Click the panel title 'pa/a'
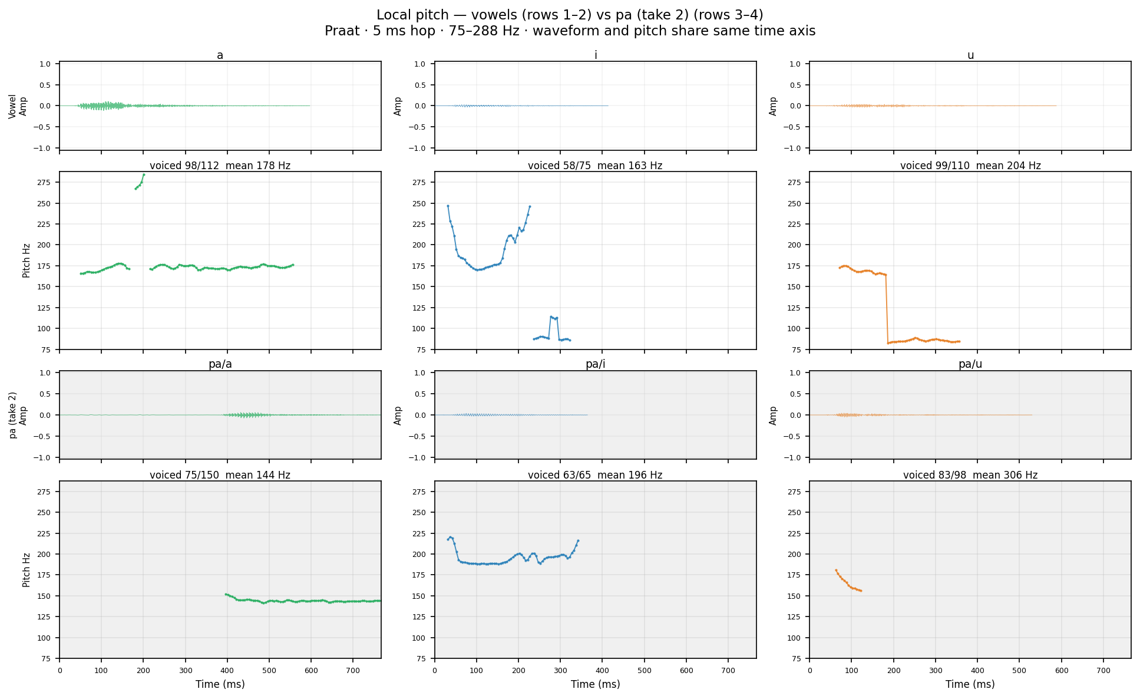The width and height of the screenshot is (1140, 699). coord(220,364)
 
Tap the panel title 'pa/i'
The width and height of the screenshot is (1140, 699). coord(595,364)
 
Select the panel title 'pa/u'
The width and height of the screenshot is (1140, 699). coord(970,364)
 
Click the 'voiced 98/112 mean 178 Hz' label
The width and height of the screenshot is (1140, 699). coord(220,166)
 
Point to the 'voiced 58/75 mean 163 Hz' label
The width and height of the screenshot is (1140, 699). coord(595,166)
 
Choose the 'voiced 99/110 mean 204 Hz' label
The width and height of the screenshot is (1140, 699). coord(970,166)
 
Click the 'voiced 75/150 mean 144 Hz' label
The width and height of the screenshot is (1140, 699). coord(220,475)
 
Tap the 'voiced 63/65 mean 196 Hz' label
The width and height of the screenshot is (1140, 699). coord(595,475)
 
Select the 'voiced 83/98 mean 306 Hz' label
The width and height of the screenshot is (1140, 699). coord(970,475)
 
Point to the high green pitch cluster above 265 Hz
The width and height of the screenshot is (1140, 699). coord(140,182)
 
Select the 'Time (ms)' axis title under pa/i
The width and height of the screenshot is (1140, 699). coord(595,684)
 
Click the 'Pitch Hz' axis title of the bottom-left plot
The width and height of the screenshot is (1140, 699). coord(26,569)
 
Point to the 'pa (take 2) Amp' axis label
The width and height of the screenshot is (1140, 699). coord(18,415)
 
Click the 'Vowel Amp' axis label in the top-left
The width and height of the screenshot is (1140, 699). coord(18,106)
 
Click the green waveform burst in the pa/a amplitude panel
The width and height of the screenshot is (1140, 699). coord(247,415)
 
